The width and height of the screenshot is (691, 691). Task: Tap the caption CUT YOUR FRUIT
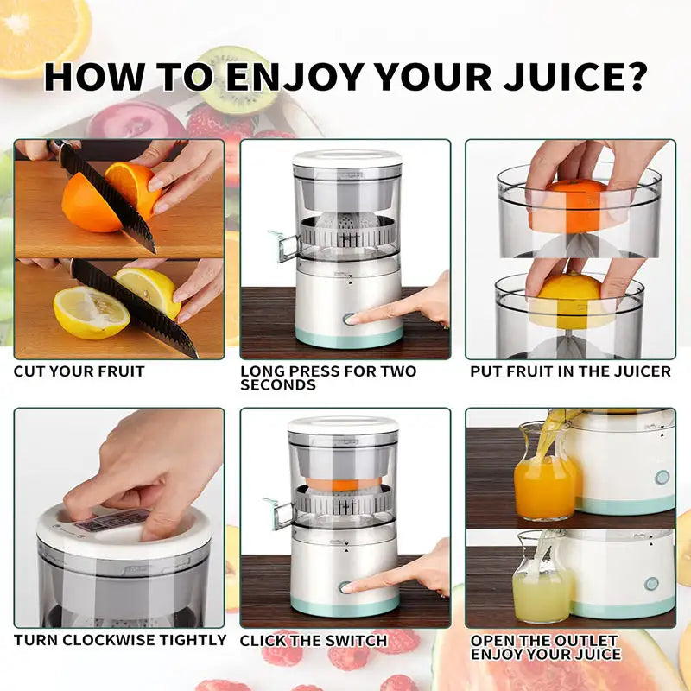pos(79,371)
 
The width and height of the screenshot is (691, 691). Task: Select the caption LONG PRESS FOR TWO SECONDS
pos(328,377)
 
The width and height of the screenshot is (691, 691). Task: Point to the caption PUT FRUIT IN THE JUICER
pos(570,371)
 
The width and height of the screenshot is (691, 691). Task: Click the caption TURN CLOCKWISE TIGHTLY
pos(120,640)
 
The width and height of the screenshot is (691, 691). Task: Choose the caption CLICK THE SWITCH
pos(314,640)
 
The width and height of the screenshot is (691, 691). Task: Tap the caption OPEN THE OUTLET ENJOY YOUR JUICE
pos(545,647)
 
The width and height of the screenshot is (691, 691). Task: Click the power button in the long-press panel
pos(348,319)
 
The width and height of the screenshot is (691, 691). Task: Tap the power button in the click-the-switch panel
pos(346,587)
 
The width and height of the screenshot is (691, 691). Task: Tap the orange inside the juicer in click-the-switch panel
pos(345,479)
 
